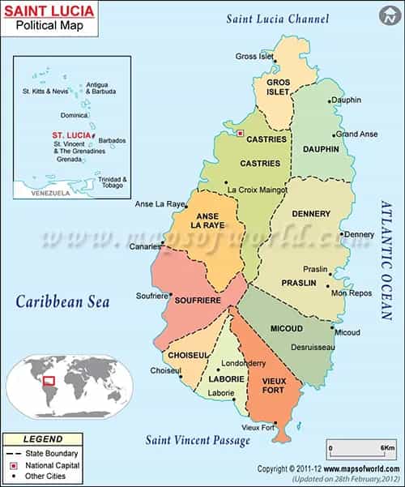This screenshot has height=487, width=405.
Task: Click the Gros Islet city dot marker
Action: click(x=275, y=60)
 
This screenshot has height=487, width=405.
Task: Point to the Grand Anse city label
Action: click(x=356, y=134)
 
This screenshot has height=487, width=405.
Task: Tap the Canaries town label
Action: click(x=145, y=246)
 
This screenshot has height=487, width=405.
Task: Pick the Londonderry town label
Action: click(x=243, y=364)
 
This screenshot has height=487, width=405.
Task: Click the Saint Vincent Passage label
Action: click(x=198, y=440)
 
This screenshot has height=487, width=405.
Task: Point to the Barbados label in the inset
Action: click(x=113, y=140)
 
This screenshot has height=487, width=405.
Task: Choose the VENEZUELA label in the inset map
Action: click(x=49, y=193)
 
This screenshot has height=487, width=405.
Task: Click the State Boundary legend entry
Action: click(x=56, y=453)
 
